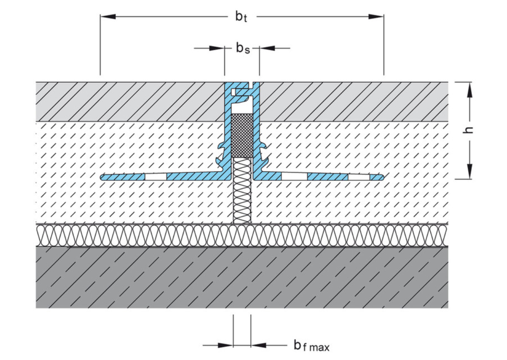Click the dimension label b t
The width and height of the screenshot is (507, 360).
(x=241, y=17)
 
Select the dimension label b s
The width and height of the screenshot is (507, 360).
(x=242, y=48)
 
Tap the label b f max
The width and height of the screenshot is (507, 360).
(x=311, y=345)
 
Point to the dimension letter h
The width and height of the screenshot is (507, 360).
(x=469, y=130)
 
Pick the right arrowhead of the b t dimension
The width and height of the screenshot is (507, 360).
(x=376, y=17)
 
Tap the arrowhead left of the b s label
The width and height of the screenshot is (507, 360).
(x=217, y=48)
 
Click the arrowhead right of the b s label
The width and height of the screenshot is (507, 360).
(x=267, y=48)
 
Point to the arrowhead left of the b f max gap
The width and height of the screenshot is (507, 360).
(x=226, y=344)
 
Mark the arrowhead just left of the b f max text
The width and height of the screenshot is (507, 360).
(x=259, y=344)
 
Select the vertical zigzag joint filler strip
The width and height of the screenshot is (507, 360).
(x=242, y=190)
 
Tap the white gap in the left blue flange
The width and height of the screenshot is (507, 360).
(x=156, y=177)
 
